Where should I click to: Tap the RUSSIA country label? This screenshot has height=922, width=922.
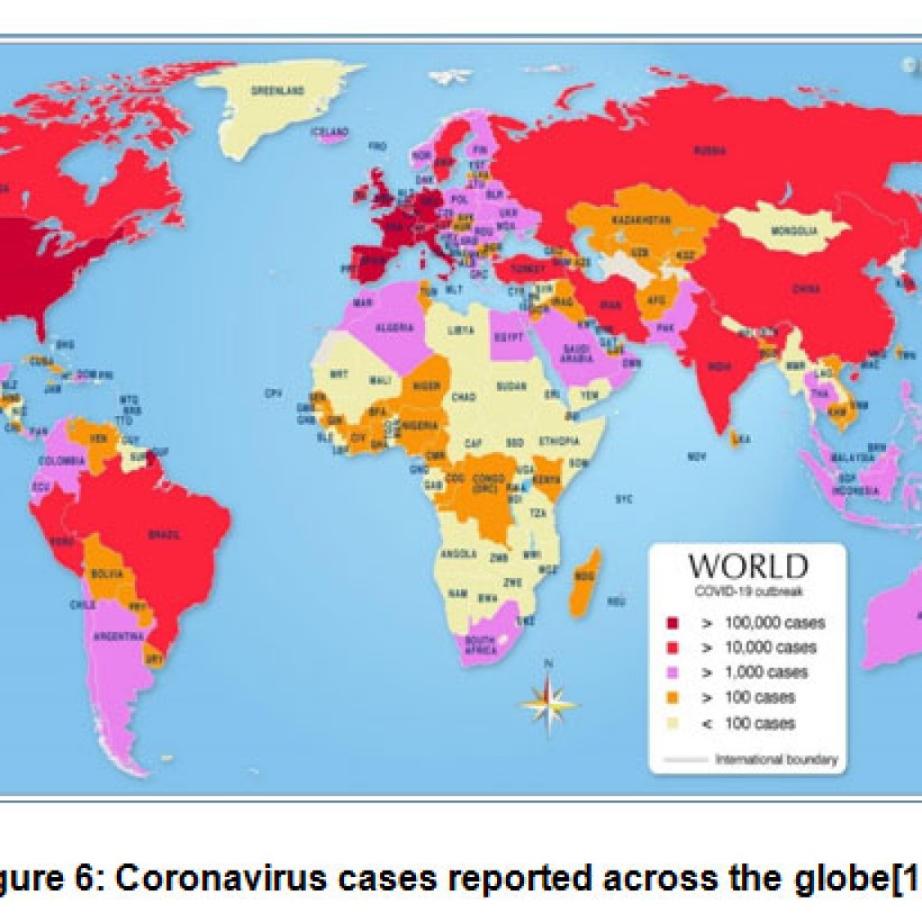pos(710,151)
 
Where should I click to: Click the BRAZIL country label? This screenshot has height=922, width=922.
pos(164,534)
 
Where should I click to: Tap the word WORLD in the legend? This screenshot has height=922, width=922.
pos(747,566)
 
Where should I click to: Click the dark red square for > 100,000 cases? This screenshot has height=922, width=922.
pos(672,623)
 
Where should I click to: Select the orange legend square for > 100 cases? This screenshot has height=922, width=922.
pos(672,698)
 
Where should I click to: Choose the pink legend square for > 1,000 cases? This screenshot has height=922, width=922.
pos(672,673)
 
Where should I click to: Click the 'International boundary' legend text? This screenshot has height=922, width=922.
pos(775,759)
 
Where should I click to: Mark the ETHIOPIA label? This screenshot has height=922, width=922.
pos(559,442)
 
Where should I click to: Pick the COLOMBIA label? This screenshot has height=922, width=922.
pos(60,461)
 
